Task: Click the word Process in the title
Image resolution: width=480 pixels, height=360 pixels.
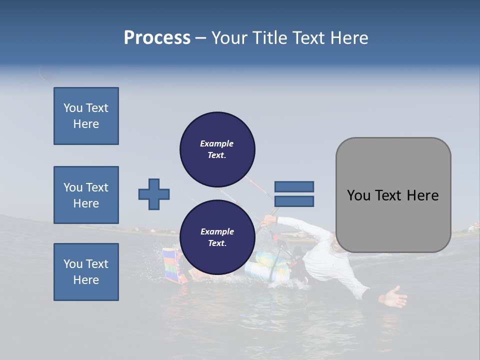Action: (x=157, y=38)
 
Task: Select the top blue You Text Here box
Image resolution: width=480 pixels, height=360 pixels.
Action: (x=86, y=116)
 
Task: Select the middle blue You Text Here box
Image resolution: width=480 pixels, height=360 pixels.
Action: (x=86, y=195)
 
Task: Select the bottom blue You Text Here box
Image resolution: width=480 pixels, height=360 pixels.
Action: (x=86, y=271)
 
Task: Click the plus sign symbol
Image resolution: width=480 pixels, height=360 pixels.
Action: (x=154, y=194)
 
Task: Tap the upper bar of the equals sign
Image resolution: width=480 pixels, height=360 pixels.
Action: (x=294, y=186)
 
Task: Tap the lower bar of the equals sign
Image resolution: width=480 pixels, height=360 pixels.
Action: (x=294, y=201)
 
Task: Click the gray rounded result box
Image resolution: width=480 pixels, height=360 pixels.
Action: (x=393, y=195)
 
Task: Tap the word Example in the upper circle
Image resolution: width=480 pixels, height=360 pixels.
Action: (x=217, y=143)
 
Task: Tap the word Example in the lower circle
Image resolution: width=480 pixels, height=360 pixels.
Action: (x=217, y=231)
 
